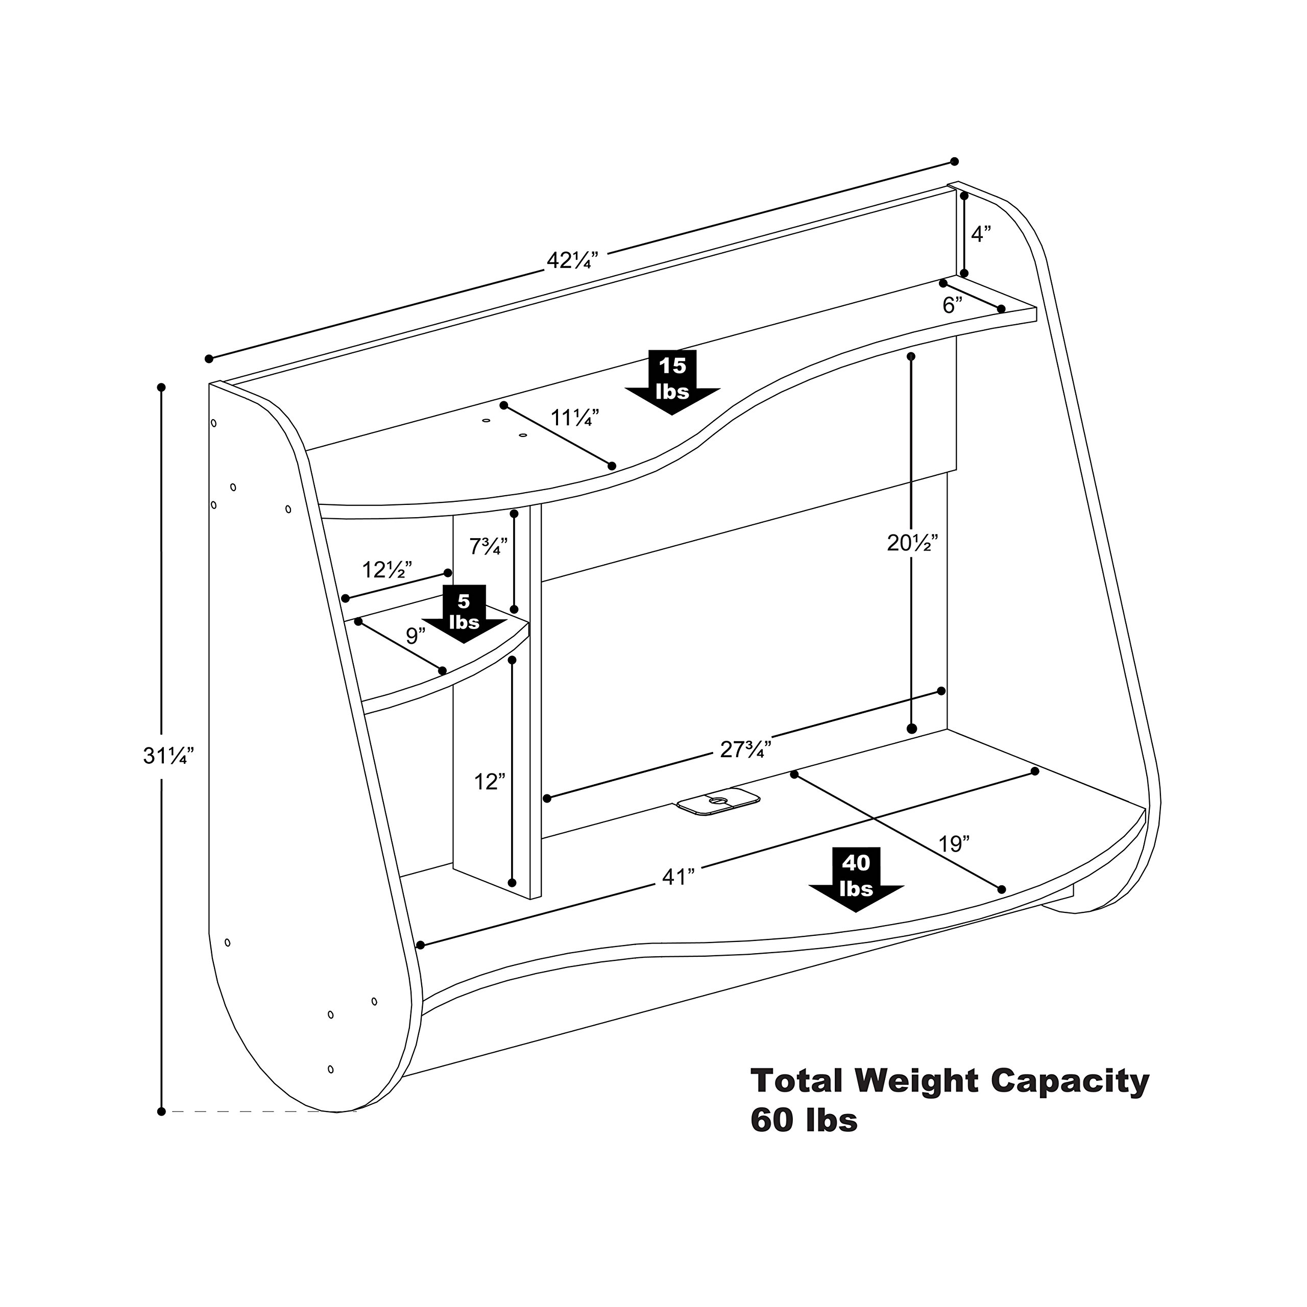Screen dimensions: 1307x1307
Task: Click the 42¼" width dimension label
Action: coord(572,260)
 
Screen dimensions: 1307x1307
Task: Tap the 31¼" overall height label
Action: coord(168,756)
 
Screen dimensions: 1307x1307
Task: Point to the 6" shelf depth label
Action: coord(953,306)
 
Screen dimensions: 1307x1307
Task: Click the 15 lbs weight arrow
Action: coord(672,381)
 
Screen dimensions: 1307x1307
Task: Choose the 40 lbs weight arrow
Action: coord(856,878)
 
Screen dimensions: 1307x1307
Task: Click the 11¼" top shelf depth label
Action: coord(574,418)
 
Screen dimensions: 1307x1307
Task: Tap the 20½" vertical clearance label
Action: coord(912,543)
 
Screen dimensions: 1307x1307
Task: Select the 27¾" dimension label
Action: coord(745,749)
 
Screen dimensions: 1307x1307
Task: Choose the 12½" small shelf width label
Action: coord(387,570)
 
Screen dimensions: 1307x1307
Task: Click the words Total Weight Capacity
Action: coord(950,1080)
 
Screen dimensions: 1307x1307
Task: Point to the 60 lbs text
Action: coord(804,1120)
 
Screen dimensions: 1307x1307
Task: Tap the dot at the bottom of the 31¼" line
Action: coord(161,1111)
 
